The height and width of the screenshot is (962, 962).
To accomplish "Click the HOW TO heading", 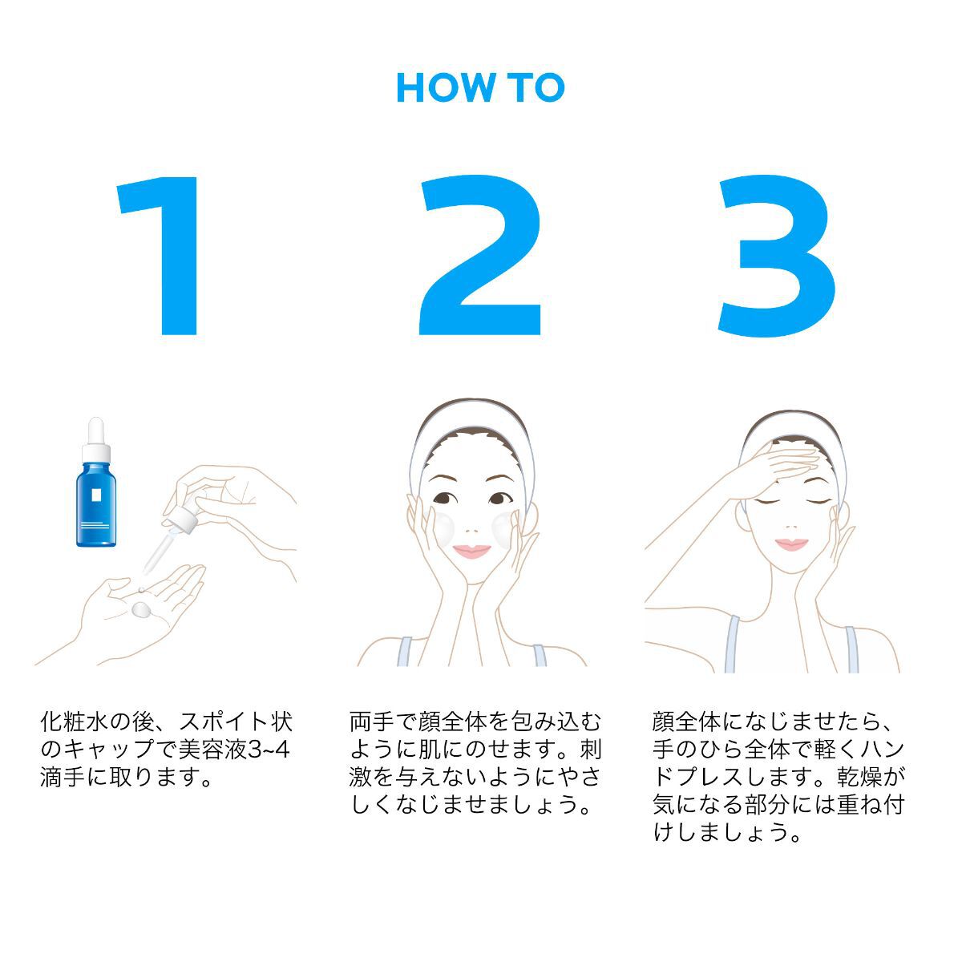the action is [480, 88].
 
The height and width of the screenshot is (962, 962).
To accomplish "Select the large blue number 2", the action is [480, 255].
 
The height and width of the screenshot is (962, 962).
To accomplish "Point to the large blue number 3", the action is [777, 256].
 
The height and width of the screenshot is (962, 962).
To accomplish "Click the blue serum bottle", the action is [96, 483].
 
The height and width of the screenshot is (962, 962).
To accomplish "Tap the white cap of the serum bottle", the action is [96, 439].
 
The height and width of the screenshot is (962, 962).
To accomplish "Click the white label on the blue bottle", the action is [96, 495].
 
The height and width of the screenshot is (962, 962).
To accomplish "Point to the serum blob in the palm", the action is [141, 608].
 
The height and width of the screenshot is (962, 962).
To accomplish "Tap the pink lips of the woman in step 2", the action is [471, 551].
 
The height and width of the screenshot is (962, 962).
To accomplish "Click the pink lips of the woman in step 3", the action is [791, 544].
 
